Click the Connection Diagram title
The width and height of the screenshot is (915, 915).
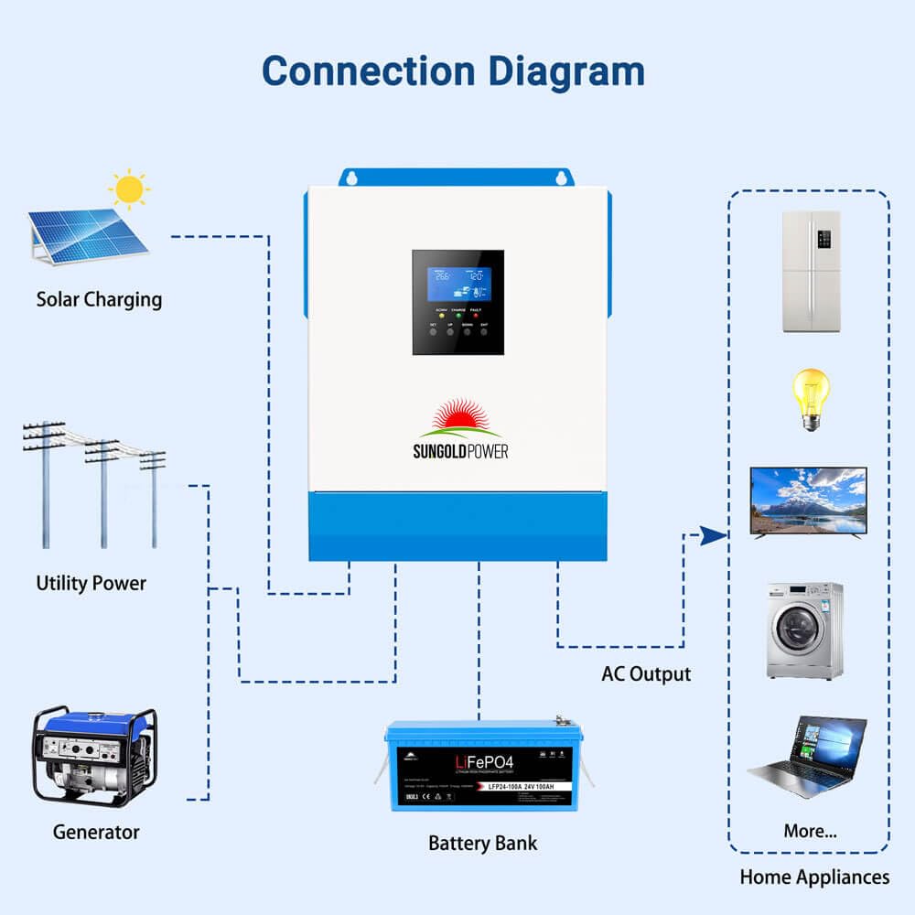(x=453, y=71)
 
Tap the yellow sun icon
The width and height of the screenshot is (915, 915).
(x=129, y=189)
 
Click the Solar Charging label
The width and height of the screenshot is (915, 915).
(x=99, y=299)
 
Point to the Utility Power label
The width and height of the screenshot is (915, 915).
(x=91, y=583)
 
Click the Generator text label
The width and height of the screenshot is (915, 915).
(x=96, y=832)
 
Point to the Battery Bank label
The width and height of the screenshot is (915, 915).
(x=483, y=843)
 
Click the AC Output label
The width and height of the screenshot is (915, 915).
(x=646, y=674)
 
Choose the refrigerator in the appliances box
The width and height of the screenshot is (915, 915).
(x=811, y=272)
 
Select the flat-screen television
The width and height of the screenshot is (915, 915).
(x=808, y=501)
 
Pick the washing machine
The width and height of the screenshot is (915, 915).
(x=804, y=630)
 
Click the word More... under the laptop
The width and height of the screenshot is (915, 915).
(x=810, y=832)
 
